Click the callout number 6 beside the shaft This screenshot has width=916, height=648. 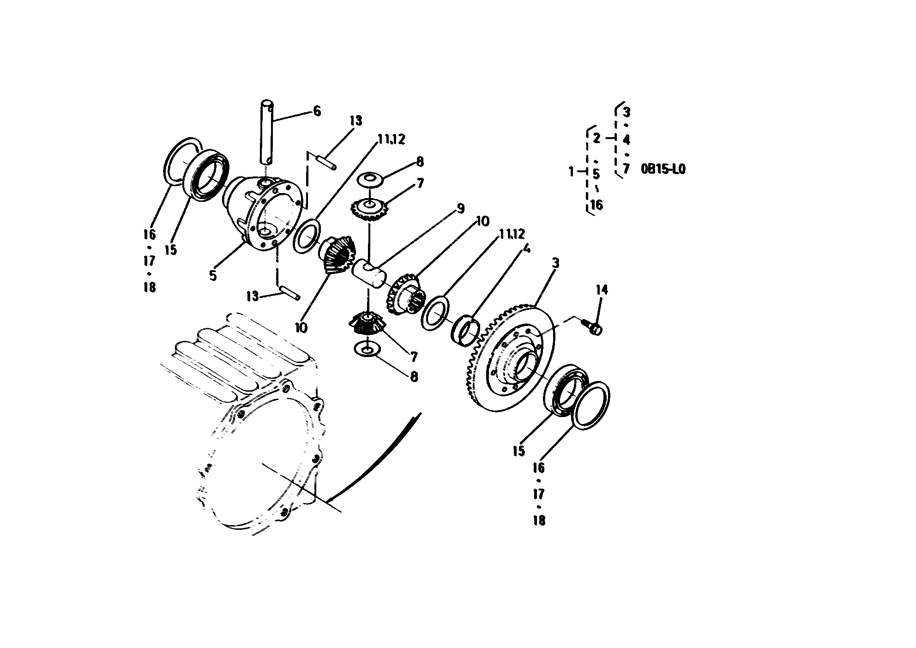point(317,111)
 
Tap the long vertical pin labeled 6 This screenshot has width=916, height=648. point(268,132)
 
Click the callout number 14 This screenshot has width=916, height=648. point(602,290)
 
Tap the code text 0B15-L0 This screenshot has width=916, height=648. point(663,170)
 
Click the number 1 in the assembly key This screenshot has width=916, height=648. point(572,172)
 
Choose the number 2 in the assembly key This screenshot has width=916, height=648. point(596,138)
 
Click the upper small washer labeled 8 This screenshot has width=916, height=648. point(371,179)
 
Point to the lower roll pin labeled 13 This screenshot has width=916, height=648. point(289,293)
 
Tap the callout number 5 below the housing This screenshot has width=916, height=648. point(213,275)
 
